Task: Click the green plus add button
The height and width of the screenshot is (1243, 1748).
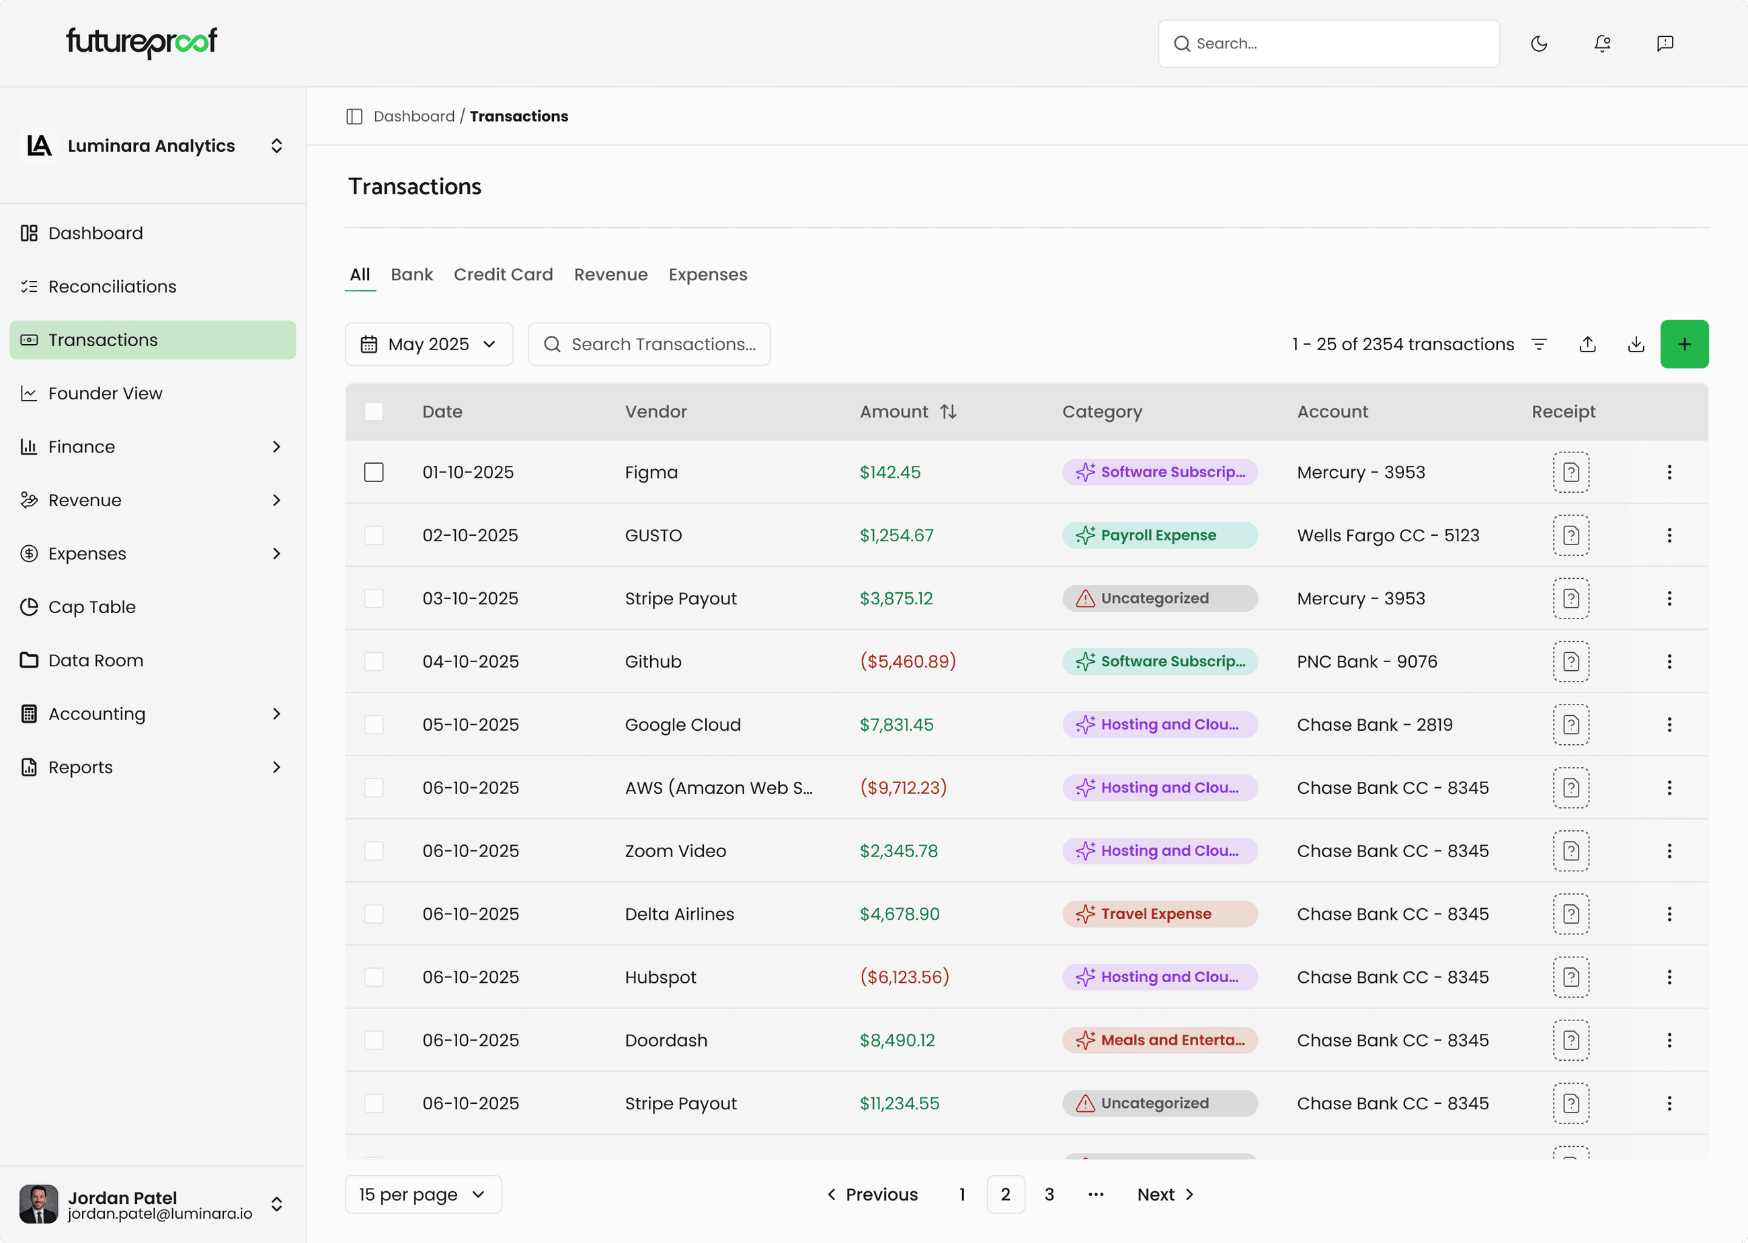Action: [x=1683, y=344]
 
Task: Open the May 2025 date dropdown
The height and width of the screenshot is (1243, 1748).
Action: [x=428, y=344]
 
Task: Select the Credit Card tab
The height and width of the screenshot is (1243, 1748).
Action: [x=503, y=275]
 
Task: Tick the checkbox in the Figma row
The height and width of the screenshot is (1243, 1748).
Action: [x=374, y=472]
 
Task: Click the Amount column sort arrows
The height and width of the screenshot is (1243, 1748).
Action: [x=948, y=412]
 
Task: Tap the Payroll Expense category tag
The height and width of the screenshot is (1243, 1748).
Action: [x=1158, y=535]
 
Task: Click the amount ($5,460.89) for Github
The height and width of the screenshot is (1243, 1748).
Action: [x=908, y=661]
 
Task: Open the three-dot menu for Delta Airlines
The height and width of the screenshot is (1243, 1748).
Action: [x=1669, y=914]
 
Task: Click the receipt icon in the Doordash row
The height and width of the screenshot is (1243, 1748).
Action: [x=1571, y=1040]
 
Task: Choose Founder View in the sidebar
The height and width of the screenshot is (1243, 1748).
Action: [x=105, y=393]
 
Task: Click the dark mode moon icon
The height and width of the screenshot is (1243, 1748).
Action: [x=1539, y=44]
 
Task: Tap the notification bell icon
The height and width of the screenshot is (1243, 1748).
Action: [x=1602, y=44]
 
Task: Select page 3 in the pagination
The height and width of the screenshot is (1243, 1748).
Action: [x=1049, y=1194]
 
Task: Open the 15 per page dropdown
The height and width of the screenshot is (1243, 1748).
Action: [x=424, y=1194]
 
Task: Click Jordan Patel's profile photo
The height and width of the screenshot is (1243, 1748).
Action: [x=38, y=1204]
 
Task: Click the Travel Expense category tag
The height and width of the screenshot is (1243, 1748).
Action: [x=1158, y=914]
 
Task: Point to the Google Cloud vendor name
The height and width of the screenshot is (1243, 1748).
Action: [x=682, y=725]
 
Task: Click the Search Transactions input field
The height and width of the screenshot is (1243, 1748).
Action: [x=663, y=344]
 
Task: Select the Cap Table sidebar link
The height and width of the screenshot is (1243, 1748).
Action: [x=92, y=607]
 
